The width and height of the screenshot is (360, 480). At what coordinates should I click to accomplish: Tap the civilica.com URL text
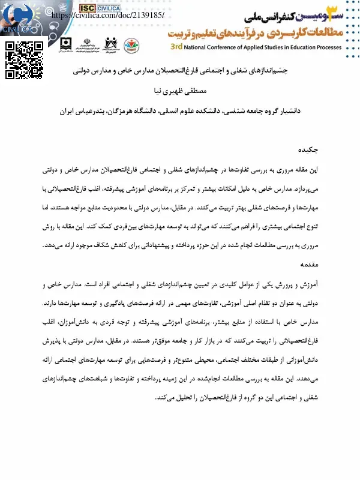[112, 14]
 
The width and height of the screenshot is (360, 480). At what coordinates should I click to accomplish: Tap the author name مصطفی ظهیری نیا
[181, 92]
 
